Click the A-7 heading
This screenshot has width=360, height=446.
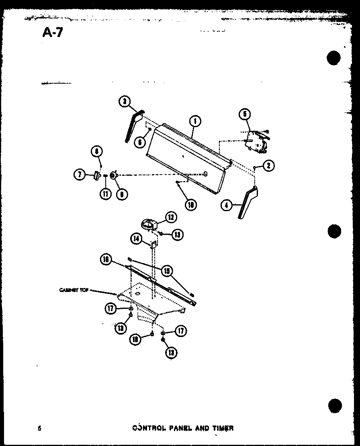coord(53,32)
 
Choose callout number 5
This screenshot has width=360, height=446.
coord(79,175)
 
